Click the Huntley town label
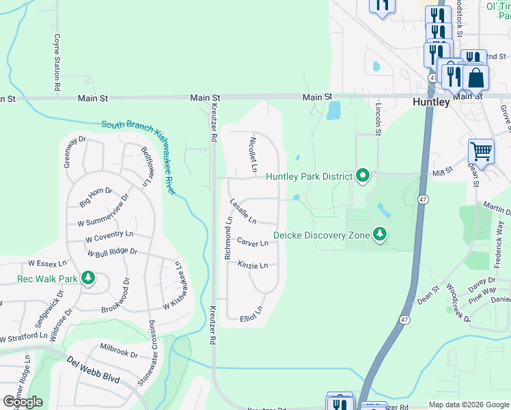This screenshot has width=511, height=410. click(x=431, y=102)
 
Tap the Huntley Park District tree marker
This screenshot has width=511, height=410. click(x=363, y=177)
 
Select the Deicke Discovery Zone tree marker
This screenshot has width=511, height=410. click(x=380, y=235)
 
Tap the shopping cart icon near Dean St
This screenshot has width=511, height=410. click(x=481, y=152)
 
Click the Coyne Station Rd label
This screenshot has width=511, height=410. click(x=57, y=64)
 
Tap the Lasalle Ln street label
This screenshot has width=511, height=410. click(x=243, y=211)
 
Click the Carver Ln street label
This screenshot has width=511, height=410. click(x=252, y=243)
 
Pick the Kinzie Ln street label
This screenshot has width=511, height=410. click(x=253, y=264)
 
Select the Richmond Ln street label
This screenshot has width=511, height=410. click(x=229, y=238)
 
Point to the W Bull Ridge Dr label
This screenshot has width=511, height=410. click(x=113, y=251)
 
